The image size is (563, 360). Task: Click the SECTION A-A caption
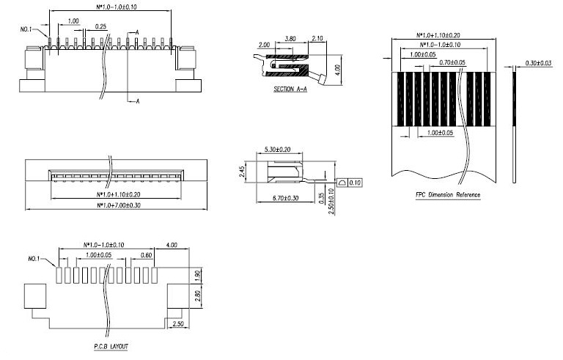[290, 89]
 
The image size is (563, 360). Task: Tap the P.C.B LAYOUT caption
[111, 346]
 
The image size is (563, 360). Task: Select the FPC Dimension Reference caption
[448, 195]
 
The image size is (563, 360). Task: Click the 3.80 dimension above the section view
[290, 38]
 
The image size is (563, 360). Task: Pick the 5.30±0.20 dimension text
[277, 149]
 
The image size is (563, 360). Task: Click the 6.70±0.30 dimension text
[285, 198]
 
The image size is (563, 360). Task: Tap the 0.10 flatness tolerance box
[354, 183]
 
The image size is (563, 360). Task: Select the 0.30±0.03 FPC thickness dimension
[538, 63]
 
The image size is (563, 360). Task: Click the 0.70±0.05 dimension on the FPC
[452, 62]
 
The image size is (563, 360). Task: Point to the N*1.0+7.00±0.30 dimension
[119, 205]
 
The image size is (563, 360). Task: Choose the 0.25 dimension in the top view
[101, 26]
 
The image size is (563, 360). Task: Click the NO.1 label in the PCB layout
[34, 259]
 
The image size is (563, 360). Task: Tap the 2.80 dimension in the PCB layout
[197, 295]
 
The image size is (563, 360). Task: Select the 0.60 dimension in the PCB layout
[146, 255]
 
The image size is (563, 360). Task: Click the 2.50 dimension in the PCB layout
[178, 324]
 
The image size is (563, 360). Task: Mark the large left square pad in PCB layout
[35, 296]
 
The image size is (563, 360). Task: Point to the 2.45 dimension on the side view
[243, 172]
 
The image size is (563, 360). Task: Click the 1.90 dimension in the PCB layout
[197, 276]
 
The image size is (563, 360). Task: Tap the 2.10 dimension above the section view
[317, 38]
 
